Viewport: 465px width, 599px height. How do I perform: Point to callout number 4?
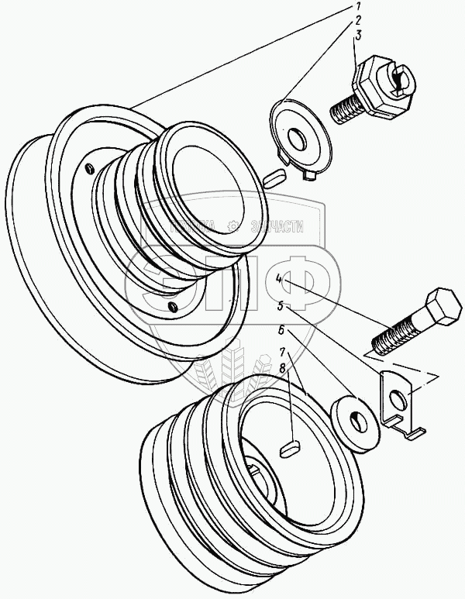point(278,277)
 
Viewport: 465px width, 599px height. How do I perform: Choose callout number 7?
point(284,353)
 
